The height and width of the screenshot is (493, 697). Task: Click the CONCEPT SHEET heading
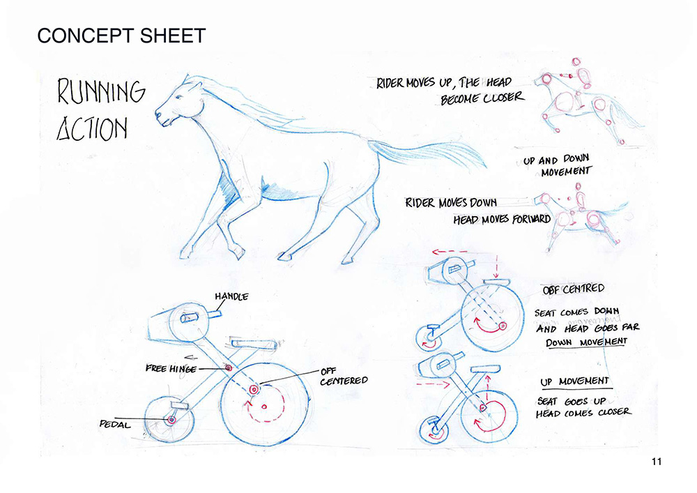click(121, 36)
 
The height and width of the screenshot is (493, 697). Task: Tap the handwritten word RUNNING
click(101, 91)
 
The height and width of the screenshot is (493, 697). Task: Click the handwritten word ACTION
click(92, 128)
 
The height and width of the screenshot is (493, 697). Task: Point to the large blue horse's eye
click(178, 97)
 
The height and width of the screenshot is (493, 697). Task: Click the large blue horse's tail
click(427, 153)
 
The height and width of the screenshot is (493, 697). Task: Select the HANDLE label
click(231, 296)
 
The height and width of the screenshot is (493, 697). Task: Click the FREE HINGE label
click(171, 368)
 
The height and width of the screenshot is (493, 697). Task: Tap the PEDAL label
click(115, 425)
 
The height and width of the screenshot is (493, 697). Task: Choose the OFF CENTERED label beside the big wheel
click(344, 376)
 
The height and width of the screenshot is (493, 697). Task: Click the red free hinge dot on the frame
click(229, 368)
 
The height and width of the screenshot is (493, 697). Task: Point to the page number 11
click(657, 462)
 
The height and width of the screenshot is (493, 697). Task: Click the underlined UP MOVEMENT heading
click(575, 381)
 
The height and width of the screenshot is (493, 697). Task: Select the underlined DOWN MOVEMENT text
click(586, 342)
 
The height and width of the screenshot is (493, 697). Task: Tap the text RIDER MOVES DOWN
click(450, 203)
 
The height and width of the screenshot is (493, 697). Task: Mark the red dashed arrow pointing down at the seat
click(496, 266)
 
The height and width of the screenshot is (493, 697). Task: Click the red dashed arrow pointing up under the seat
click(488, 388)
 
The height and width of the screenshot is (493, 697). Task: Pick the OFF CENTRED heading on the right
click(574, 289)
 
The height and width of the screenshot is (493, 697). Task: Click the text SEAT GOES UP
click(572, 402)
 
